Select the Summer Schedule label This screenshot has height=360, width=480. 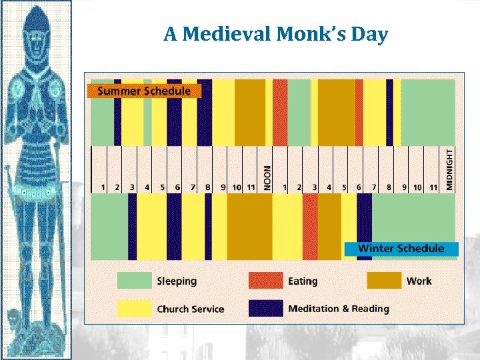144,91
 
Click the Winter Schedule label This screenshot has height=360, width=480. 401,249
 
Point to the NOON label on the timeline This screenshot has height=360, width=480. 267,178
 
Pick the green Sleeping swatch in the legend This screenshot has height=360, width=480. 134,281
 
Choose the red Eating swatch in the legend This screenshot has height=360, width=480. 265,281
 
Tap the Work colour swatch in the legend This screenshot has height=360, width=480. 384,281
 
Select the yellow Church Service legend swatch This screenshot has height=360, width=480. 134,308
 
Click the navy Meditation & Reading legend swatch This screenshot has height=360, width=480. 265,308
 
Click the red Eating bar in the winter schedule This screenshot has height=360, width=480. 310,227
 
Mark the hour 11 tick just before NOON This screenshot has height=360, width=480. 251,188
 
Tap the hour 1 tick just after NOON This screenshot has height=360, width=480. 285,188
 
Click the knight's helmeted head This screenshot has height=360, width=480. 37,37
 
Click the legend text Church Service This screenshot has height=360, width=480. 190,309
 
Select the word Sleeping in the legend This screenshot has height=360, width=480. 177,281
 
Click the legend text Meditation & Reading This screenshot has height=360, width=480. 339,309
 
